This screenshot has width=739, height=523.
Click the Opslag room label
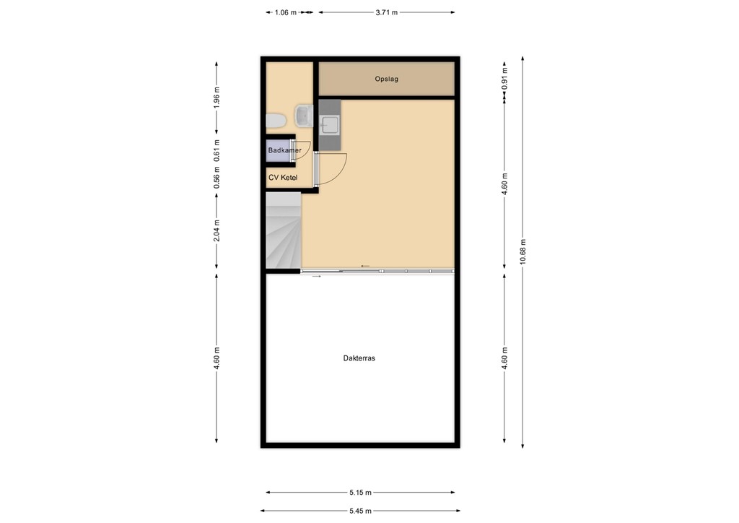click(386, 79)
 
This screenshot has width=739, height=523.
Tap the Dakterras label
click(359, 358)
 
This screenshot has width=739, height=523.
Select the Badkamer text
click(284, 150)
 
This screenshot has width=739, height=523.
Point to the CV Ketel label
click(283, 177)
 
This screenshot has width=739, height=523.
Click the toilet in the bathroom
click(276, 121)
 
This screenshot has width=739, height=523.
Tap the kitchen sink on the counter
click(329, 125)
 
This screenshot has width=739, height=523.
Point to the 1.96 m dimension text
click(217, 96)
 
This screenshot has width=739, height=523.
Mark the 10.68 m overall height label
click(522, 251)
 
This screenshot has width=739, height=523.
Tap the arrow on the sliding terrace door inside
click(365, 267)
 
